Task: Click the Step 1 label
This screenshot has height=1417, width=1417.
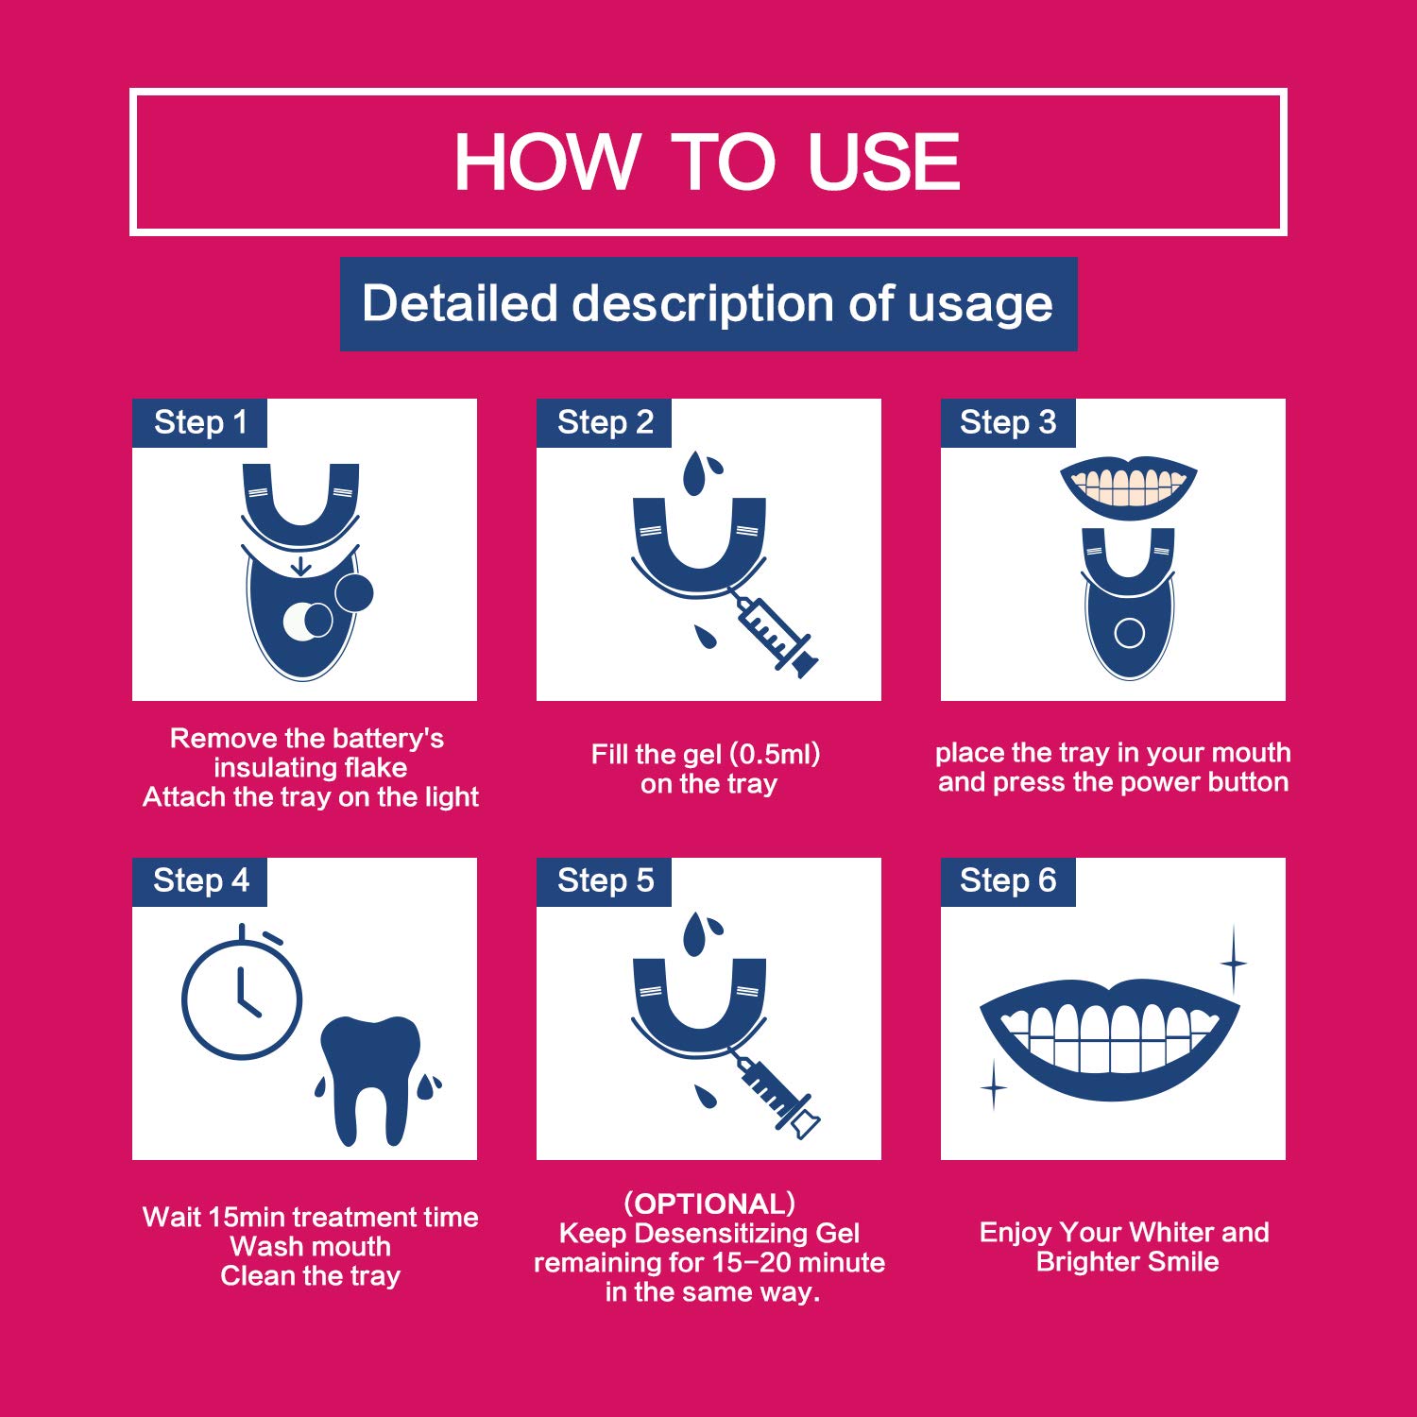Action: point(200,422)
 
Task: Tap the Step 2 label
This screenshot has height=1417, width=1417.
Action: point(605,422)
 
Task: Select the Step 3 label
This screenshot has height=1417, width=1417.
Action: point(1008,422)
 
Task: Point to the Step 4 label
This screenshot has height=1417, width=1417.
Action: point(200,880)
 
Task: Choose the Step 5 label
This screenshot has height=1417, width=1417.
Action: point(605,880)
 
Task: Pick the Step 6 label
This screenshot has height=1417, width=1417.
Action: point(1008,880)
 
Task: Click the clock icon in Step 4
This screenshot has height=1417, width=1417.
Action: point(242,992)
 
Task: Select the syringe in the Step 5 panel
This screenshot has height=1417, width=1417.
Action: point(777,1096)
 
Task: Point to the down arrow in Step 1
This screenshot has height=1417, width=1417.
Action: point(300,566)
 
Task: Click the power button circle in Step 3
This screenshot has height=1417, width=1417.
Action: point(1129,632)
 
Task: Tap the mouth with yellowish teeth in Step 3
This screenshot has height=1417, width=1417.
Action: point(1129,488)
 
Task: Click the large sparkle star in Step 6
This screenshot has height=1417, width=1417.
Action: point(1234,963)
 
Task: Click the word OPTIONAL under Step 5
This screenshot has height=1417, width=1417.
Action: point(709,1204)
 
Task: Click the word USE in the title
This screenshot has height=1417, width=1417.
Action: point(883,162)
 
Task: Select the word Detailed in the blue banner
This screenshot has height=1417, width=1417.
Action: point(460,303)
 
